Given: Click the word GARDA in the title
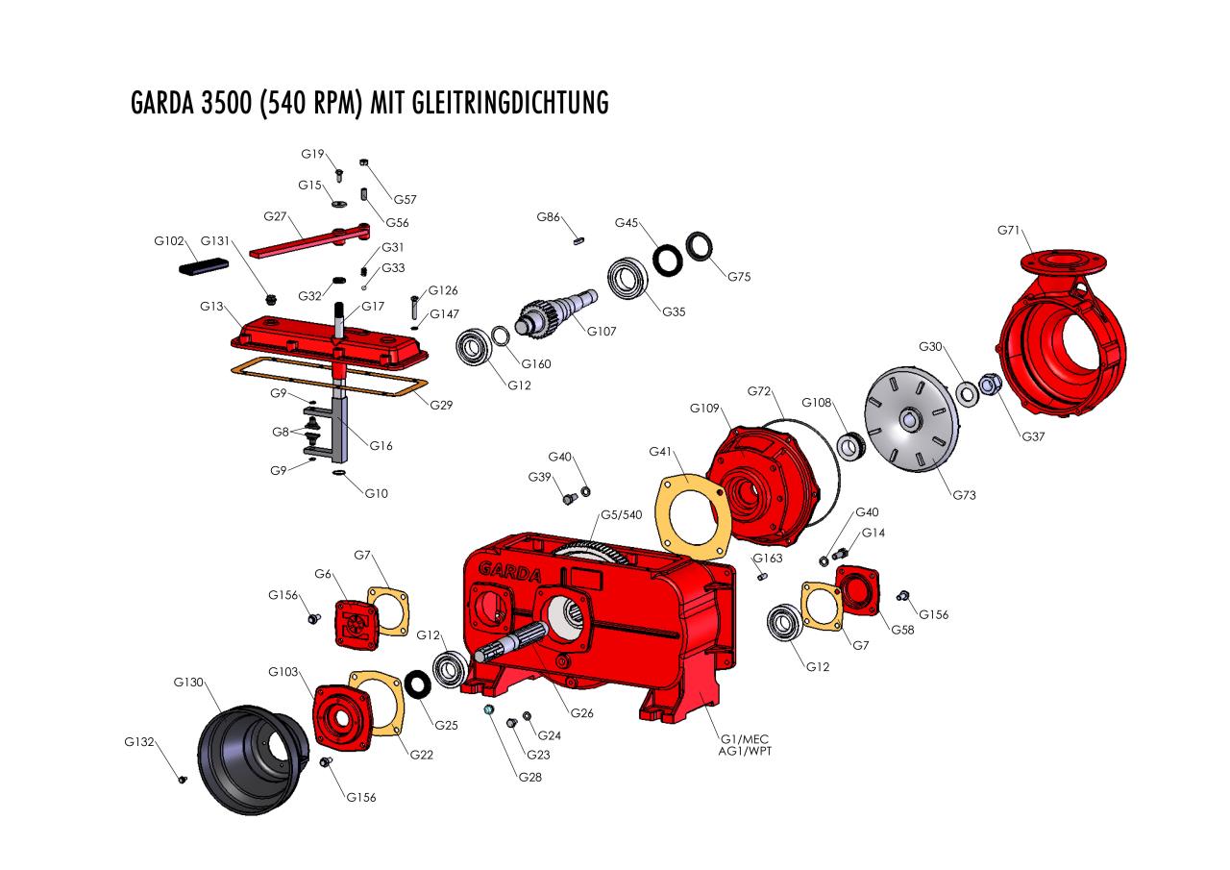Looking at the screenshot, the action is click(x=162, y=103).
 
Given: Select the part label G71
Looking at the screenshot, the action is click(x=1008, y=230).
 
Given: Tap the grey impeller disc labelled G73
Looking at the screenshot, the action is click(x=912, y=420).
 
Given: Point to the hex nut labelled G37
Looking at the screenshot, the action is click(x=990, y=384).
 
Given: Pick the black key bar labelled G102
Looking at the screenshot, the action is click(x=204, y=266).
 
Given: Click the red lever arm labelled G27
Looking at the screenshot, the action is click(x=309, y=240).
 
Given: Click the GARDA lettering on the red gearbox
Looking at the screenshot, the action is click(x=510, y=572).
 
